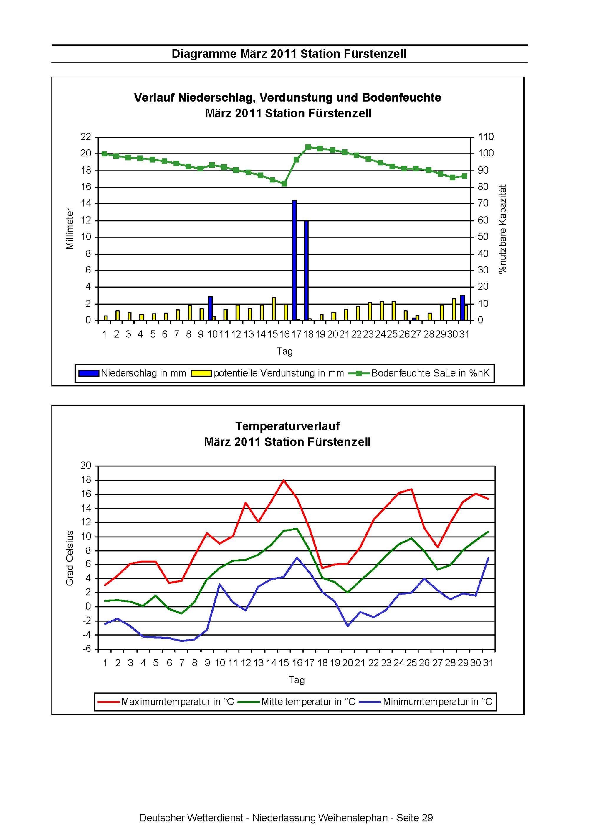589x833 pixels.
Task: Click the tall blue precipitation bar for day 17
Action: pos(294,260)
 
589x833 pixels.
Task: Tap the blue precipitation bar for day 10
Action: pos(210,309)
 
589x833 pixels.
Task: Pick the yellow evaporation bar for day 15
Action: pos(274,309)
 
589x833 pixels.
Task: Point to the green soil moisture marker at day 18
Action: pos(308,147)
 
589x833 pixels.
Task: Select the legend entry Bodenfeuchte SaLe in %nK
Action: pos(420,373)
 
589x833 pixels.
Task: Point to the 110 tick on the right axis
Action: pos(486,137)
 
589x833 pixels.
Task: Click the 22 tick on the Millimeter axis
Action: pos(86,137)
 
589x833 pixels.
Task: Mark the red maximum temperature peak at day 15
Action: pos(284,480)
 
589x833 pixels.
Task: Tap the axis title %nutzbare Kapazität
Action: pos(503,229)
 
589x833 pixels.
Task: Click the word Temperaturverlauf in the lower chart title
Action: pos(288,426)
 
